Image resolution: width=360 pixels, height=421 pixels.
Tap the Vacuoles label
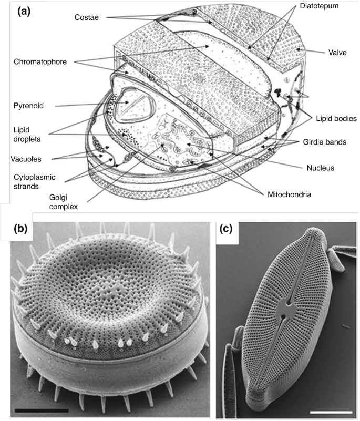(26, 158)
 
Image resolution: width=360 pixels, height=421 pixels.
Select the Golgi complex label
(58, 202)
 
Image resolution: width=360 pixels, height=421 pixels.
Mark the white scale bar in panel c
(334, 408)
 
